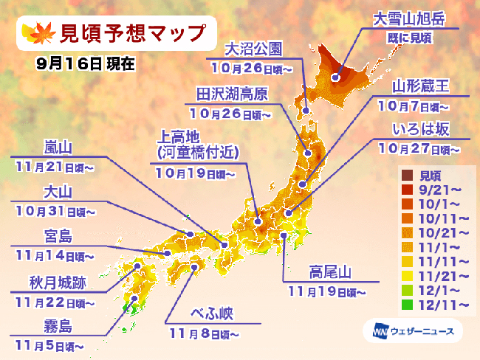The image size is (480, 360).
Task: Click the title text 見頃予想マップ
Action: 121,34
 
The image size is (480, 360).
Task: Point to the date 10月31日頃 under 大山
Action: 52,211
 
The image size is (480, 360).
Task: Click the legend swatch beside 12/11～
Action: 406,303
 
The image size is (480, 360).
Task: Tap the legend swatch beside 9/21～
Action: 406,189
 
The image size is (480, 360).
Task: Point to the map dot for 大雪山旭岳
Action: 335,77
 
